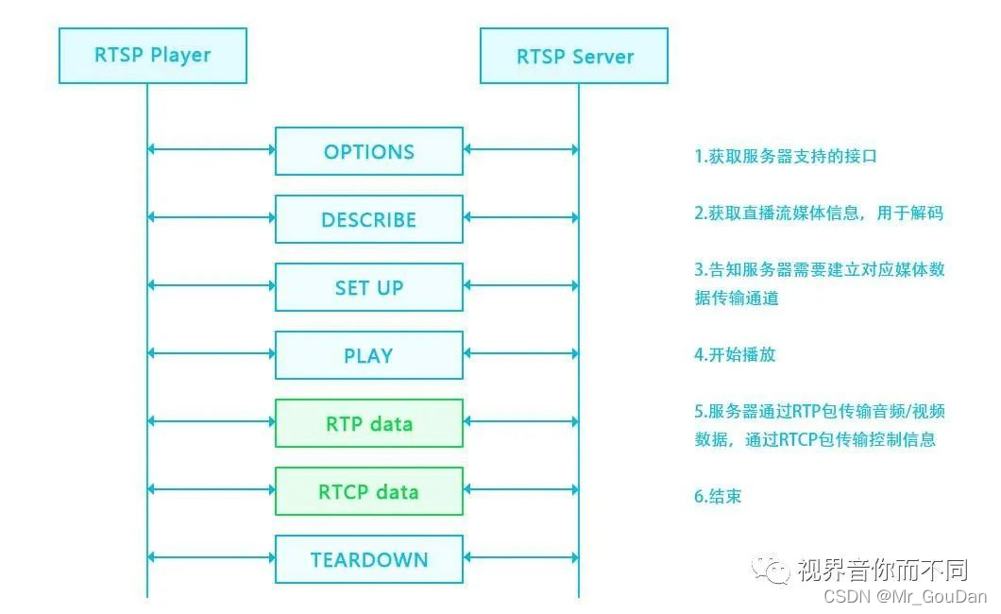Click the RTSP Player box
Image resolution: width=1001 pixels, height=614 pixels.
coord(152,56)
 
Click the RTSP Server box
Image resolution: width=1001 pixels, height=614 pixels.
coord(574,56)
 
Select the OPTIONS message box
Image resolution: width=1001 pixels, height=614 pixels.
coord(368,151)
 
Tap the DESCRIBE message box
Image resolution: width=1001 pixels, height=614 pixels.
coord(368,219)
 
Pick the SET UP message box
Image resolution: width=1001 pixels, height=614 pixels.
coord(368,287)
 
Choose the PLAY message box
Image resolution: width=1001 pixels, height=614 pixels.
coord(368,355)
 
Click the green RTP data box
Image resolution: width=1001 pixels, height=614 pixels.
coord(368,423)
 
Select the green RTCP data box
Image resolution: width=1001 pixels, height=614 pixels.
coord(368,491)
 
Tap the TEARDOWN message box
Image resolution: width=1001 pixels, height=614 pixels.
coord(368,559)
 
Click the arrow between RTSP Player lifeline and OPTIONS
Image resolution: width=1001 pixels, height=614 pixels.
coord(212,149)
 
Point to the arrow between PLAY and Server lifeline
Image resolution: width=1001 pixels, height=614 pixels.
coord(520,353)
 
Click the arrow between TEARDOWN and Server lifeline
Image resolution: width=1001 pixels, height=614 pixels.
coord(520,557)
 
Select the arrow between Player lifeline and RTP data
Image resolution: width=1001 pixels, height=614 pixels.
coord(212,421)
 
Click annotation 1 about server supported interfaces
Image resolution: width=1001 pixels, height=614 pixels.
coord(786,157)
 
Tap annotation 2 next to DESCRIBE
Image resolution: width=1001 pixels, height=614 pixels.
coord(819,213)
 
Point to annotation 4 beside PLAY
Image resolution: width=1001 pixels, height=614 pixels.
coord(735,355)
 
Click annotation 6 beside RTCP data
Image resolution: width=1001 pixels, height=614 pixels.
coord(718,496)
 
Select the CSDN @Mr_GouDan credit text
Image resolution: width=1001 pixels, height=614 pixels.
coord(905,596)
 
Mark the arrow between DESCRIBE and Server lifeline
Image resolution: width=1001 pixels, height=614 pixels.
coord(520,217)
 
